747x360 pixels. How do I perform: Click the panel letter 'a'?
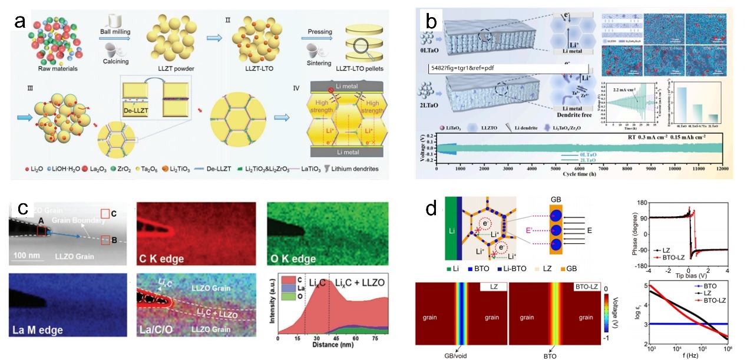pyautogui.click(x=19, y=23)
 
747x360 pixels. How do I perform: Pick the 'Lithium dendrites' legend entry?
pyautogui.click(x=352, y=169)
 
